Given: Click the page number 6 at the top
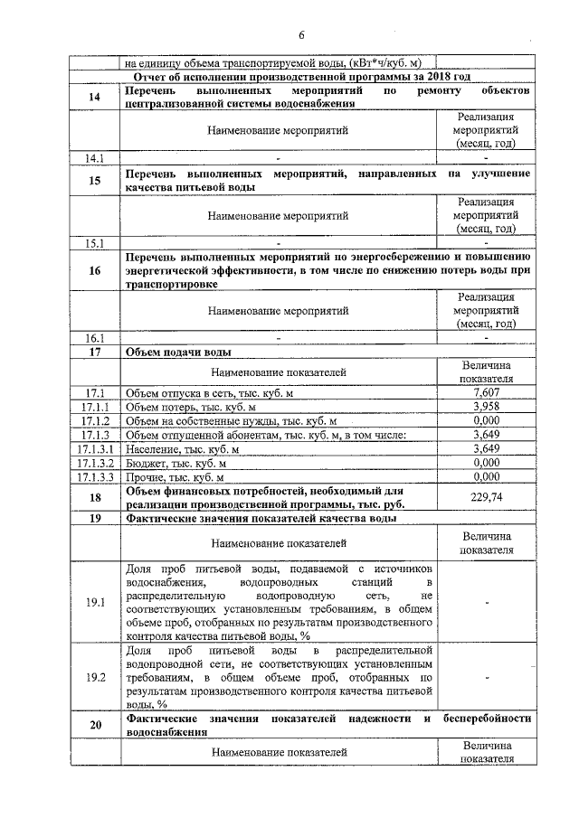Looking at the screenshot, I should (x=302, y=34).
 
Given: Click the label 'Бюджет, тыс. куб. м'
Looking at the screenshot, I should (x=175, y=462).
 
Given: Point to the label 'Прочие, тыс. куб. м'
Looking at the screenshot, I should (x=175, y=476).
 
